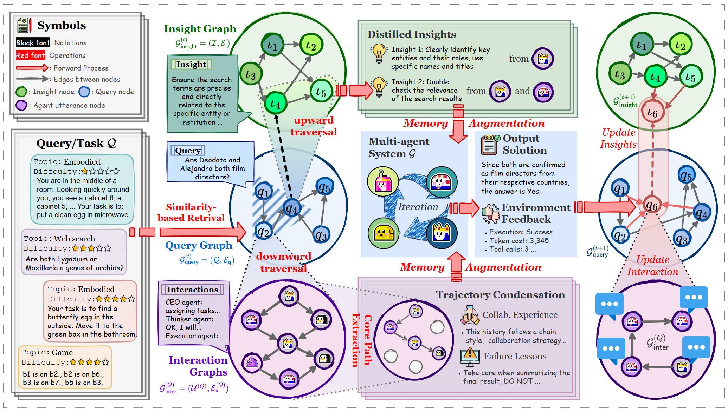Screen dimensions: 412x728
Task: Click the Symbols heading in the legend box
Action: tap(62, 25)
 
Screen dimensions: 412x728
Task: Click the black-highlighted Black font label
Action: tap(33, 43)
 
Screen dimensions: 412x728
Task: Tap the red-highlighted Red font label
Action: tap(30, 55)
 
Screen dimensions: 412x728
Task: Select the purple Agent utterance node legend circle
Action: tap(21, 105)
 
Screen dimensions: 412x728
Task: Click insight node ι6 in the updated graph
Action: tap(652, 112)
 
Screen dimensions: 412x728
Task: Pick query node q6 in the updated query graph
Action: tap(652, 206)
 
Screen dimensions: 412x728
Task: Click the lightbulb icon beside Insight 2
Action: tap(379, 87)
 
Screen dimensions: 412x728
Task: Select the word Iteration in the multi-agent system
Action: tap(418, 207)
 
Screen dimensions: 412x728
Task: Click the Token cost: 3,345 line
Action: tap(518, 241)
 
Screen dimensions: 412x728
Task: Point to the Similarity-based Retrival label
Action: tap(191, 212)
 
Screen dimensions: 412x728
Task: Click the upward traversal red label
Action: tap(314, 126)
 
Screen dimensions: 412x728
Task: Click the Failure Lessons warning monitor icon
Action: tap(470, 357)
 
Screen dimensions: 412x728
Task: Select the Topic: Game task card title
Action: tap(47, 352)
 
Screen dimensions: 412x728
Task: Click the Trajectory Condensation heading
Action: tap(500, 295)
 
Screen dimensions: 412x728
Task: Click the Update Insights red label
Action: tap(618, 138)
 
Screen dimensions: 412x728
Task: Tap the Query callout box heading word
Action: tap(188, 151)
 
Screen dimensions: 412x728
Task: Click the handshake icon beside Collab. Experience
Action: tap(470, 315)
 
